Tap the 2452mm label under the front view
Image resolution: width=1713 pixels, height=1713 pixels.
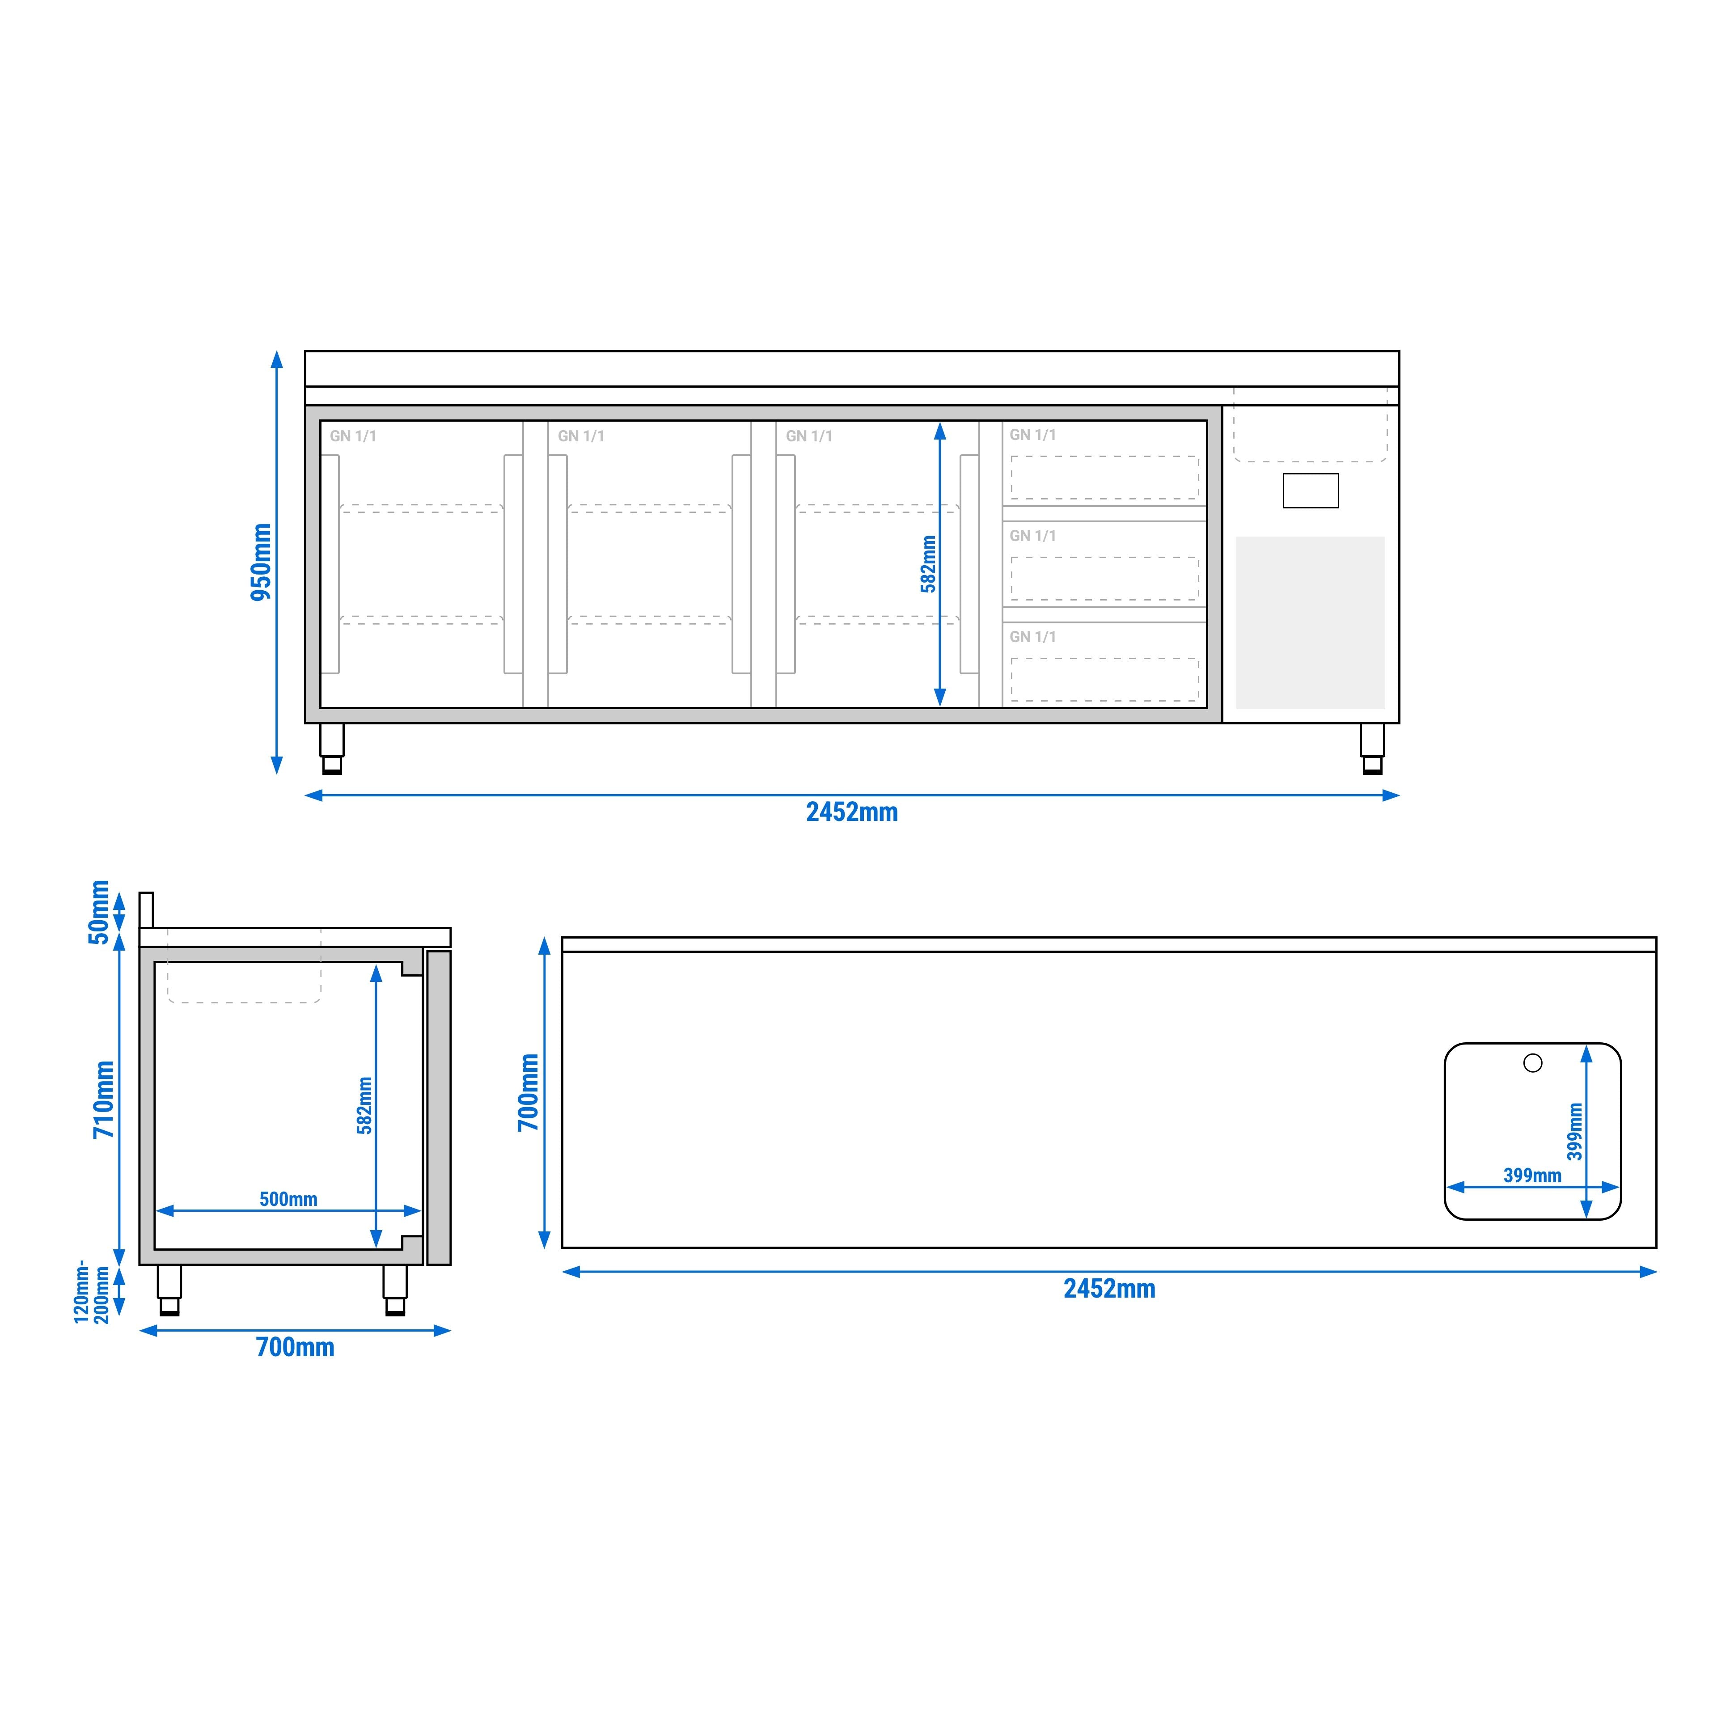851,812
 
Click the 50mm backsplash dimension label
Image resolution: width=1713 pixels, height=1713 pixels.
98,912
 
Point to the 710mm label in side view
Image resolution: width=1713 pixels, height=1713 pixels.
104,1100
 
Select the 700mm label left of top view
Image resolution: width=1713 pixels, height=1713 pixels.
529,1092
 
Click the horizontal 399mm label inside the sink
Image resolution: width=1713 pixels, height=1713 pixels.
1532,1176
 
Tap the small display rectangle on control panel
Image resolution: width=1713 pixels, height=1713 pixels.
1311,491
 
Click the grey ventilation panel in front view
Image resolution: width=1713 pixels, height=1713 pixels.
1311,622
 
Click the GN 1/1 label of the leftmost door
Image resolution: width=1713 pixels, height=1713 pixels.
353,436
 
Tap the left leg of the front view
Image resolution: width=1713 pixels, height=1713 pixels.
332,748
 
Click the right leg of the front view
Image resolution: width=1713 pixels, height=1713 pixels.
1372,748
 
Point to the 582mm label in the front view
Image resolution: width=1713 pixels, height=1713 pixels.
927,564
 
